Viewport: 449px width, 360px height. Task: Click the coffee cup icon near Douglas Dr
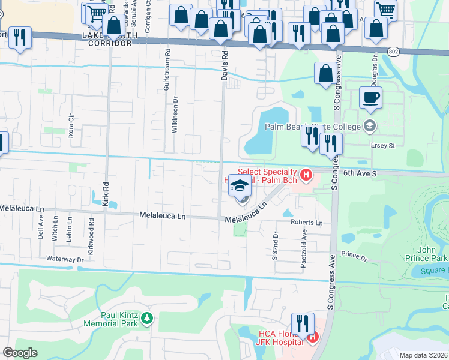click(370, 97)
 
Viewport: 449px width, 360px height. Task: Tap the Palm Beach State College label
click(313, 127)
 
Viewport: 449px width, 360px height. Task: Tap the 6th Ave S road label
click(360, 173)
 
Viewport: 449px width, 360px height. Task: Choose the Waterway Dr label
click(65, 259)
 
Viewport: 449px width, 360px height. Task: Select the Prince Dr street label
click(354, 257)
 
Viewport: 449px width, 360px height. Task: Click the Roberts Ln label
click(307, 223)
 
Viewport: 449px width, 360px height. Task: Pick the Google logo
click(20, 352)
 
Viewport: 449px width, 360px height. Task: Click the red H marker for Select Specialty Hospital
click(307, 176)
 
